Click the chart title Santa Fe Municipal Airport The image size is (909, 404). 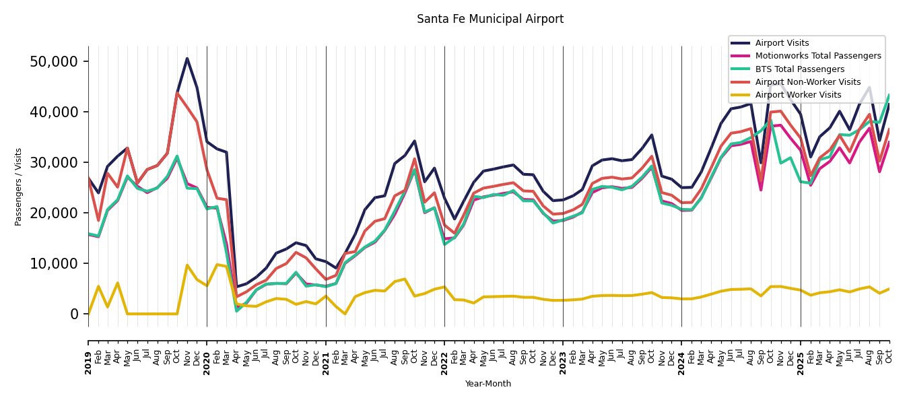click(x=490, y=20)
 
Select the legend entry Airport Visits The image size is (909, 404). click(x=782, y=43)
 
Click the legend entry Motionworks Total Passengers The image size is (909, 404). click(x=817, y=56)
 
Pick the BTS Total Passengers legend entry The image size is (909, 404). click(x=799, y=69)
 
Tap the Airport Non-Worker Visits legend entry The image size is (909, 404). click(x=807, y=82)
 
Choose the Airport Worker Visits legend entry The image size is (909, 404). click(x=798, y=95)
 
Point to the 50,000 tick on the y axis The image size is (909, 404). click(x=55, y=61)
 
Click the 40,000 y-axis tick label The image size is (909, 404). click(x=55, y=112)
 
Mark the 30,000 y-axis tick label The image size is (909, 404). click(x=55, y=162)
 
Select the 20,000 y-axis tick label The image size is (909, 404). click(x=55, y=213)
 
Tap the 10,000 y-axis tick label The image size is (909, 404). click(x=55, y=263)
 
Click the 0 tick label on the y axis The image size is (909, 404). click(x=75, y=314)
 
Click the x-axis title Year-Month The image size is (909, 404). click(x=488, y=384)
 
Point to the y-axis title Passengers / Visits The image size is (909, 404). click(x=19, y=187)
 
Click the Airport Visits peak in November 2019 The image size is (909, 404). click(x=187, y=59)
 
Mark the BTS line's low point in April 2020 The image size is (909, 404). click(x=236, y=310)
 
